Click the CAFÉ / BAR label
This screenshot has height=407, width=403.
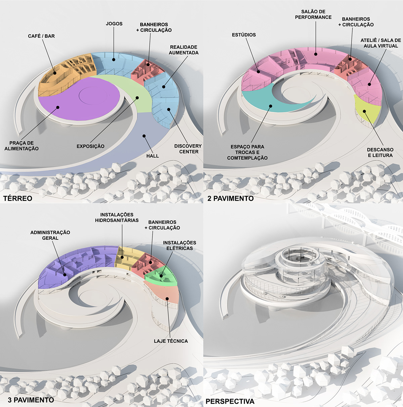coord(41,36)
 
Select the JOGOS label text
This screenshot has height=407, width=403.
coord(114,24)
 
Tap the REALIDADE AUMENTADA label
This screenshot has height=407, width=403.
coord(183,50)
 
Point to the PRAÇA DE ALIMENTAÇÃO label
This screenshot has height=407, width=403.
coord(21,146)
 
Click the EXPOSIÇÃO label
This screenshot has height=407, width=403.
coord(90,146)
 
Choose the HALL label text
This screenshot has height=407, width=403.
coord(152,156)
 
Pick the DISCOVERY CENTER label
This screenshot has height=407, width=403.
coord(188,149)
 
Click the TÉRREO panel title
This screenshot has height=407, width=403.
coord(18,198)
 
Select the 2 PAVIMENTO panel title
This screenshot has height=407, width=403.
coord(230,198)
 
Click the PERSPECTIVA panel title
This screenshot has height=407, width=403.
coord(230,401)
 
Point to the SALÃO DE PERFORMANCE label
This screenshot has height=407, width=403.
coord(313,14)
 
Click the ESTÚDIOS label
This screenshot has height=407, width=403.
coord(244,35)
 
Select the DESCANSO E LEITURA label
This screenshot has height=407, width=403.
coord(380,152)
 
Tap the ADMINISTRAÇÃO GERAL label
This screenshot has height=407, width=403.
coord(50,235)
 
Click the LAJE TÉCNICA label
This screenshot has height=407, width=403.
coord(171,341)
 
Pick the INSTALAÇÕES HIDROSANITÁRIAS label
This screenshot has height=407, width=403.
coord(117,217)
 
